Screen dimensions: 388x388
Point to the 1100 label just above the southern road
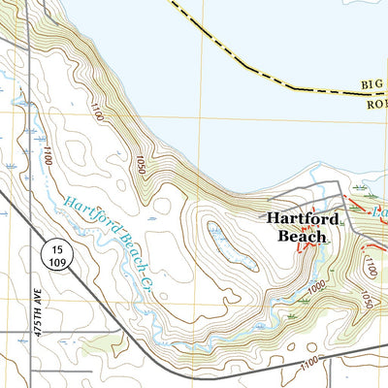309,362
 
